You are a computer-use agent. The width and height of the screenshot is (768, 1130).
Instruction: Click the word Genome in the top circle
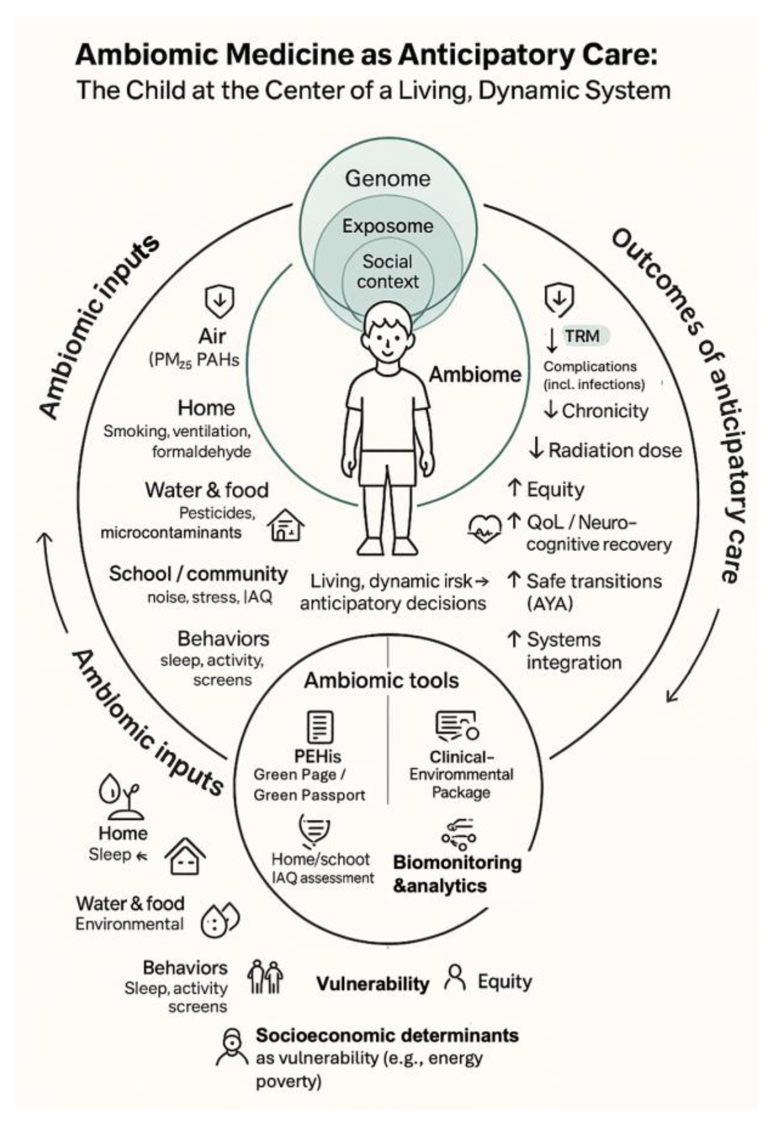[x=387, y=178]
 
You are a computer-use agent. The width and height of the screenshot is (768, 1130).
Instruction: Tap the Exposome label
[x=387, y=226]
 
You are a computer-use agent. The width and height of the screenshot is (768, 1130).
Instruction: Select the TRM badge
[x=582, y=336]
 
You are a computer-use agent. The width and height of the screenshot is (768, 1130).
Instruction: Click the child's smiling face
[x=387, y=340]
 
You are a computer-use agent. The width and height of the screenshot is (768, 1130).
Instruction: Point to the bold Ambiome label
[x=475, y=374]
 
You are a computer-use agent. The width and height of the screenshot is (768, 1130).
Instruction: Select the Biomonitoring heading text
[x=457, y=863]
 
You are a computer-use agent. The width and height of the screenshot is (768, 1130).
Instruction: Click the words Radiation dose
[x=615, y=450]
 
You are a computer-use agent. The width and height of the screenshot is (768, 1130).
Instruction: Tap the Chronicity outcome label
[x=605, y=411]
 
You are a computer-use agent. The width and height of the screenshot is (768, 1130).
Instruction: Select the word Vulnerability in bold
[x=373, y=983]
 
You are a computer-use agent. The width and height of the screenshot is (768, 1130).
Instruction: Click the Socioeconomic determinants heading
[x=387, y=1036]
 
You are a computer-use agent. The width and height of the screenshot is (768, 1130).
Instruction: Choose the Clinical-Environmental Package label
[x=461, y=774]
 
